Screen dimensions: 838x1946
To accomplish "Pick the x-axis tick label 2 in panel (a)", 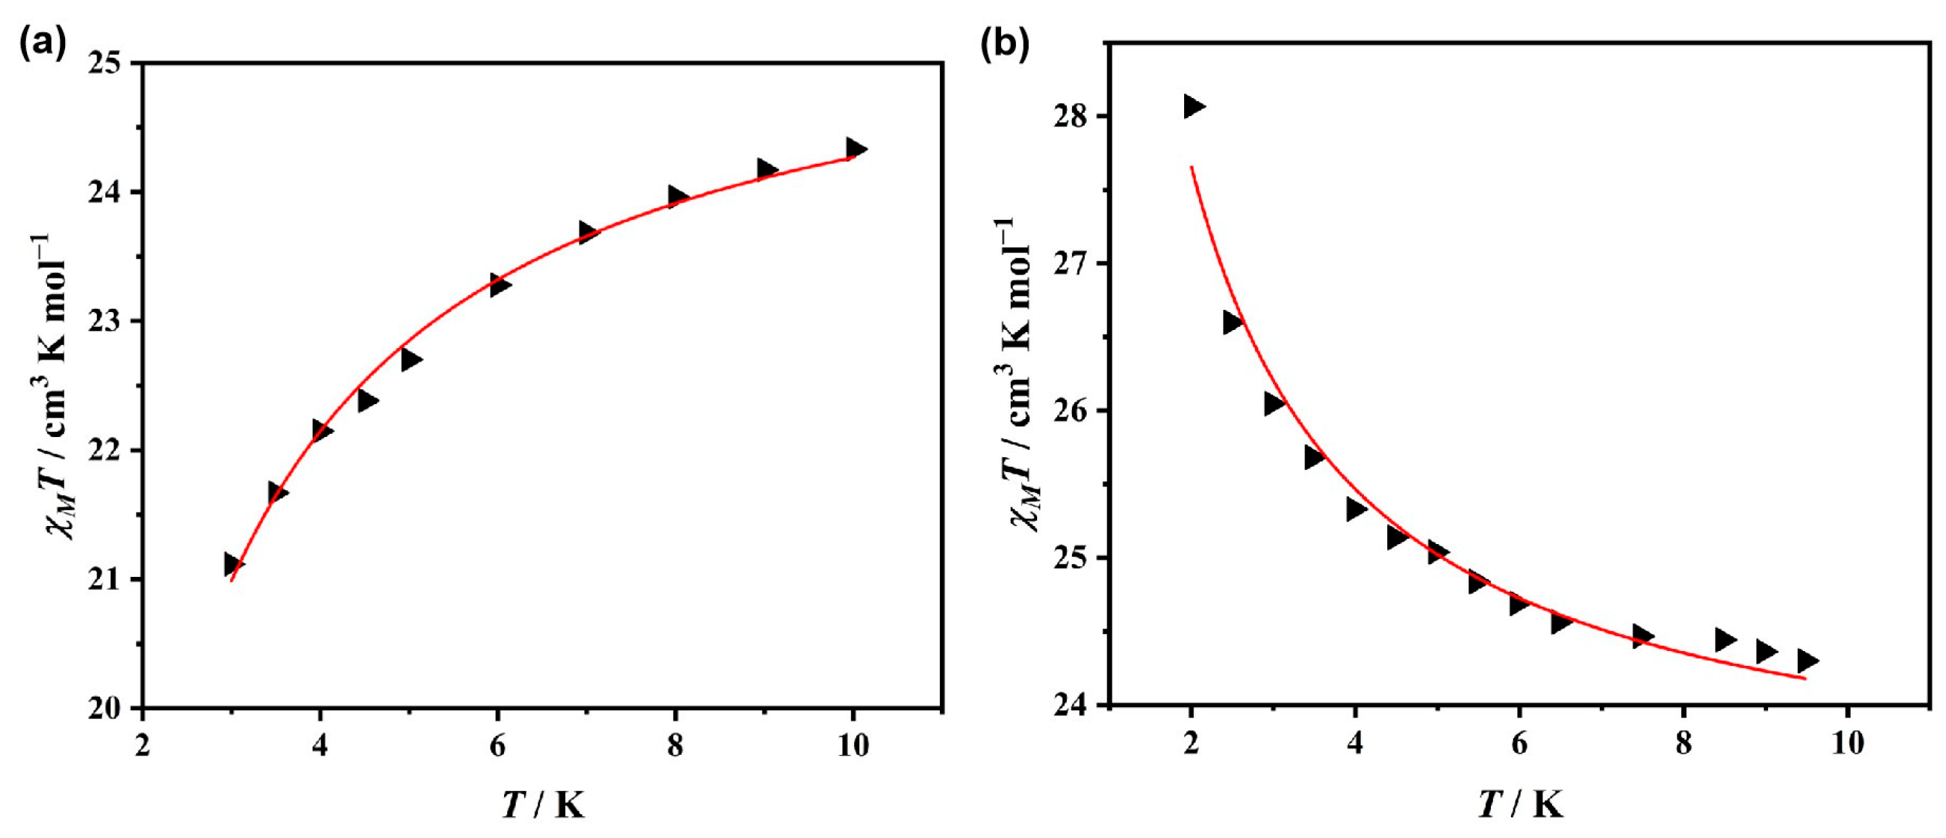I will click(142, 746).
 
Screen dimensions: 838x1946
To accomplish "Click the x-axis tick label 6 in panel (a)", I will click(497, 746).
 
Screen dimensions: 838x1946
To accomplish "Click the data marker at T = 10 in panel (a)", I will click(855, 148).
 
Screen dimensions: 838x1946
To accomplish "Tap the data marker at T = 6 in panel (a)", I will click(500, 285).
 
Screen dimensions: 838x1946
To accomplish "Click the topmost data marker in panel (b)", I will click(1193, 106).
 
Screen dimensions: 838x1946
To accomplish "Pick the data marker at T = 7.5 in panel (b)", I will click(1642, 636).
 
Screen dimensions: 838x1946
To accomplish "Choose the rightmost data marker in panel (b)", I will click(1807, 661).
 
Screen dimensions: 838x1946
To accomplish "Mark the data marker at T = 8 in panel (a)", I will click(677, 197).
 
